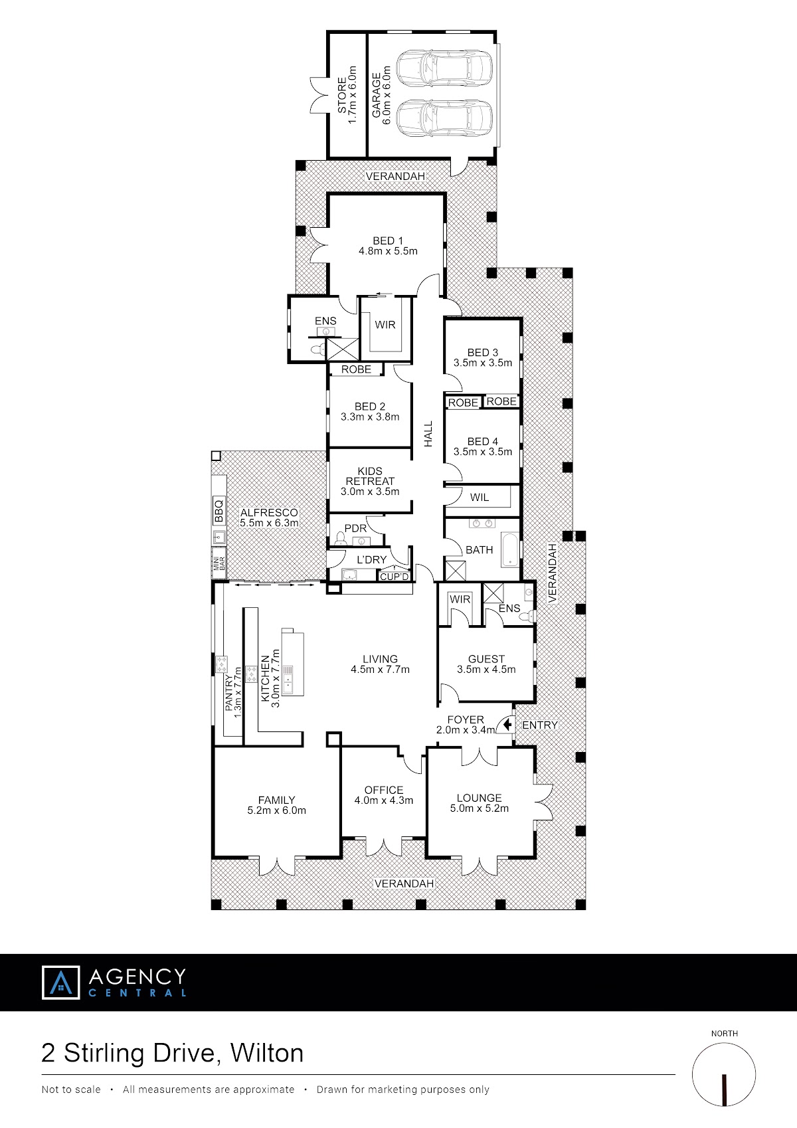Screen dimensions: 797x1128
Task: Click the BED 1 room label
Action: pos(388,240)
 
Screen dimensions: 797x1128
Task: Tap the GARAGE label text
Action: pos(376,95)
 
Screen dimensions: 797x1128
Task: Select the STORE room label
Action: pos(342,95)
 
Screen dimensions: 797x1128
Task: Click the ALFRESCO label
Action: pos(269,512)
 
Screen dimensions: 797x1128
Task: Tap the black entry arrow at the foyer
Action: pos(507,725)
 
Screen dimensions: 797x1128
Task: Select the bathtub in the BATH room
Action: pos(510,550)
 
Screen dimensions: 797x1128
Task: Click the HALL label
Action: pos(428,434)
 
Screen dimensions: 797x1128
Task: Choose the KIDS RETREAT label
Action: pos(370,476)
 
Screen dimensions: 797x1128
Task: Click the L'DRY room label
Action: pos(371,559)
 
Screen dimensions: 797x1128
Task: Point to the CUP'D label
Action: pos(395,577)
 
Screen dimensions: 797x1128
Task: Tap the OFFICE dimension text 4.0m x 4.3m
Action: pos(384,800)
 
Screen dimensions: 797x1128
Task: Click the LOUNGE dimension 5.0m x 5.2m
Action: pos(480,808)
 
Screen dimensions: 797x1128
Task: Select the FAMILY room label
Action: pos(276,800)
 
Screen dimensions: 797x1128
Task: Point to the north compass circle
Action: pos(724,1075)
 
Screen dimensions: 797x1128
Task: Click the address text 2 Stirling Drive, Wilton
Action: pos(173,1052)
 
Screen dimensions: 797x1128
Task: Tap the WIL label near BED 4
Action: pos(480,497)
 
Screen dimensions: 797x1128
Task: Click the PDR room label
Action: pos(355,528)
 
